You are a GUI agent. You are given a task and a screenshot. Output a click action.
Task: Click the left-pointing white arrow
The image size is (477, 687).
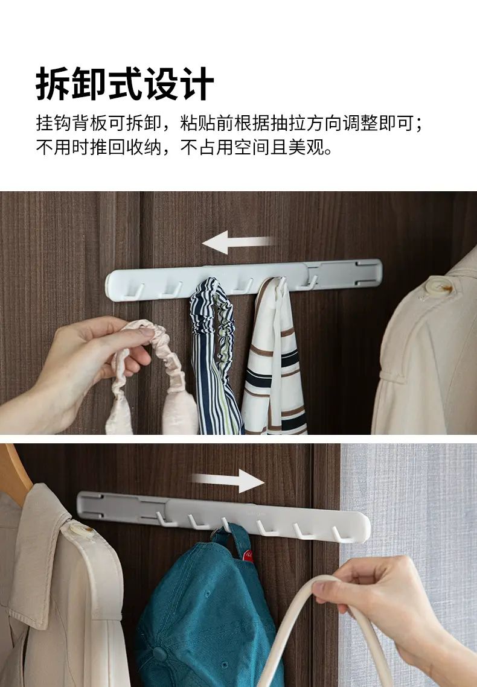click(238, 242)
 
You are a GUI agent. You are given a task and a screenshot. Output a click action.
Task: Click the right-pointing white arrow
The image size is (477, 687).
click(228, 480)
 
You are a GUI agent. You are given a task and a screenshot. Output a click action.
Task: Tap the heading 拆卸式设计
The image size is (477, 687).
click(125, 84)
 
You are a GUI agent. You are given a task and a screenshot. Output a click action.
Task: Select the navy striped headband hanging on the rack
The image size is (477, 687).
click(215, 355)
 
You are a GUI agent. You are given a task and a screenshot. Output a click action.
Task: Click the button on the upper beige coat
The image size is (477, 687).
click(439, 287)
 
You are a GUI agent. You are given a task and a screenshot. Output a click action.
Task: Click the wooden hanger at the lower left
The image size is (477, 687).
click(14, 471)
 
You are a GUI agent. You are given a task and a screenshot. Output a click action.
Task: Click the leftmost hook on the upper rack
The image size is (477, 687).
click(134, 291)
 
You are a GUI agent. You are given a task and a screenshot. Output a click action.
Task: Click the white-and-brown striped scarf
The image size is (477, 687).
click(275, 359)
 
